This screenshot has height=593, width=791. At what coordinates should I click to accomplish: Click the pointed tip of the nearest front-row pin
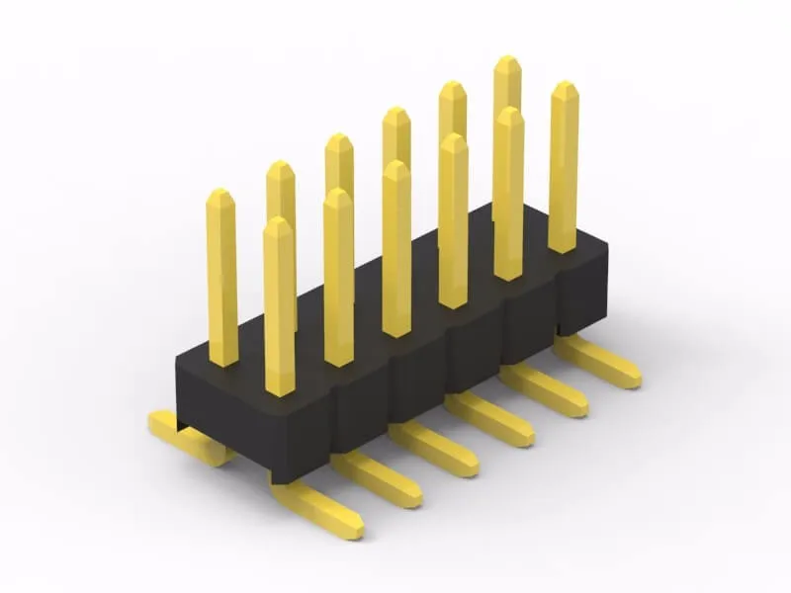(x=278, y=223)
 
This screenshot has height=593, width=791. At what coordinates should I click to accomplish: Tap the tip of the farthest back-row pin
(x=507, y=62)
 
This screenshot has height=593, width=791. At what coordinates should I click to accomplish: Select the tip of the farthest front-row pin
(x=564, y=88)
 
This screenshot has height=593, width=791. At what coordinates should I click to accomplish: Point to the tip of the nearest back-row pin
(x=220, y=196)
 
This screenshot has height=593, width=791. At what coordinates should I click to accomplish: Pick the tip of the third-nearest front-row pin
(x=395, y=167)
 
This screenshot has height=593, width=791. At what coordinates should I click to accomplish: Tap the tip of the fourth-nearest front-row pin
(x=453, y=140)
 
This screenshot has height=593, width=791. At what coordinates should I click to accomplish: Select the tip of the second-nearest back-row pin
(x=280, y=167)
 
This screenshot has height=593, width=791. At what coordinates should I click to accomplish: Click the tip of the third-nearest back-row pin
(x=339, y=140)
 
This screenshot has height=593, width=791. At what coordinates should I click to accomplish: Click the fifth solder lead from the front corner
(x=545, y=390)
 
